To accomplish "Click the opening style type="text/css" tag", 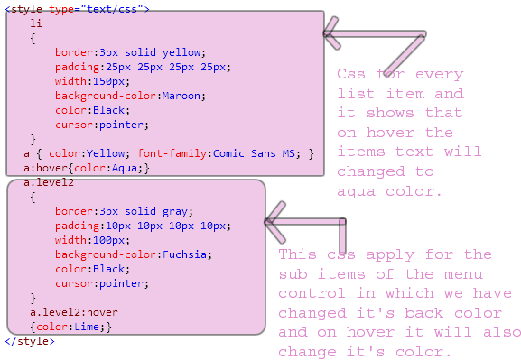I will pyautogui.click(x=77, y=8).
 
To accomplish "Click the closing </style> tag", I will pyautogui.click(x=29, y=341).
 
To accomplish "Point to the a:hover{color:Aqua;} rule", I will pyautogui.click(x=86, y=168).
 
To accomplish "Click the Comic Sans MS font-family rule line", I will pyautogui.click(x=169, y=153).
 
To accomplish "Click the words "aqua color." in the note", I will pyautogui.click(x=389, y=191).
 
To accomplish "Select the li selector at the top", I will pyautogui.click(x=35, y=23).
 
